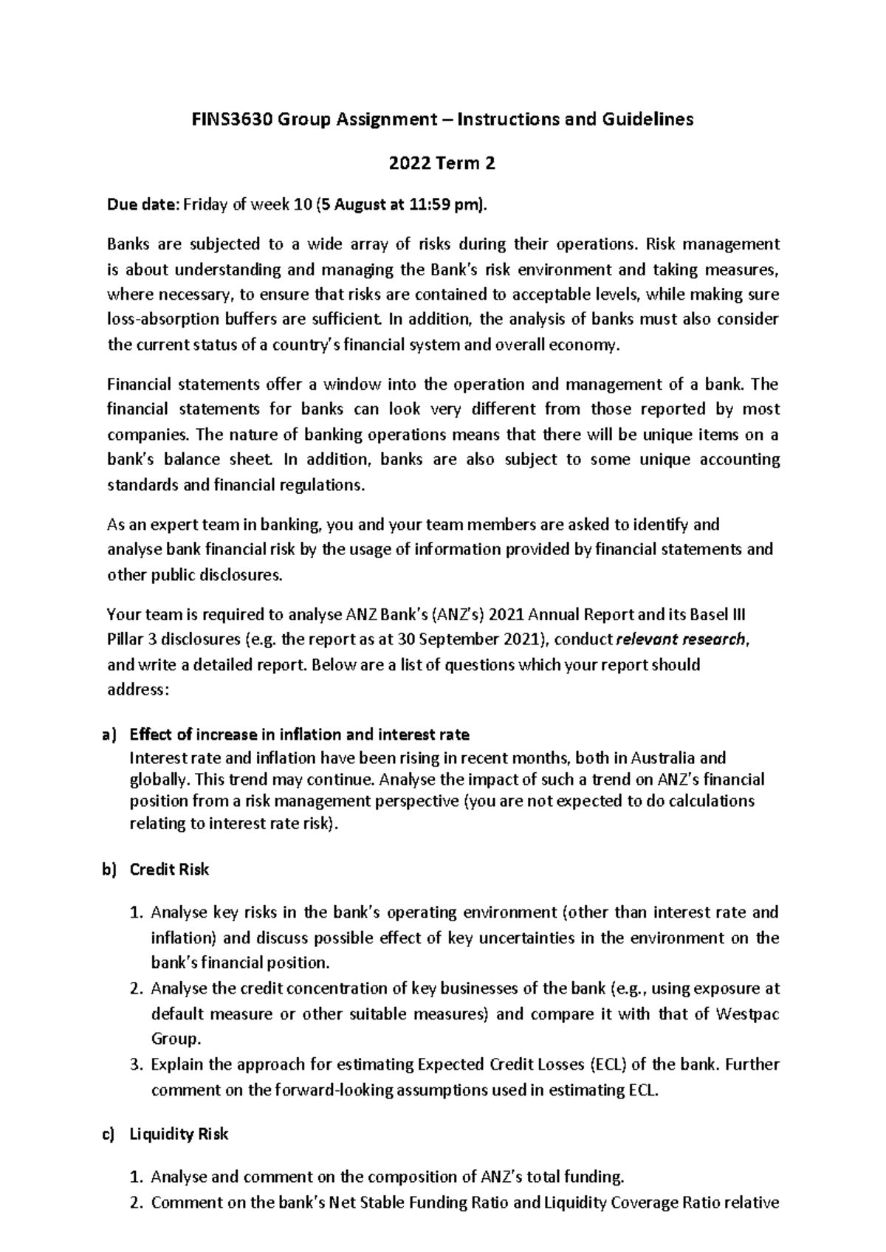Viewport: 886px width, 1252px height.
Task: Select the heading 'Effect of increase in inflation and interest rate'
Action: (x=299, y=735)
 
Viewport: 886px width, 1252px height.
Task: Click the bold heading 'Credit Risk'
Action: (x=169, y=870)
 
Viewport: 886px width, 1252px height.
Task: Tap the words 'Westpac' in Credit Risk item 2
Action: (x=747, y=1014)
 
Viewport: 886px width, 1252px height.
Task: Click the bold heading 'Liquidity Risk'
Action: (x=179, y=1134)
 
